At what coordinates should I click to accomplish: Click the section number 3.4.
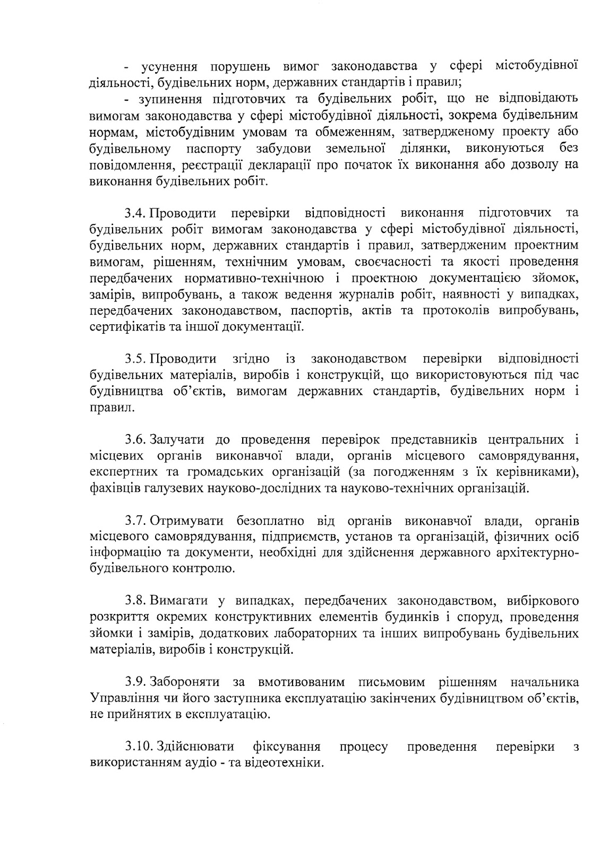point(135,213)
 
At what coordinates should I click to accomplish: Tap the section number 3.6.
point(135,440)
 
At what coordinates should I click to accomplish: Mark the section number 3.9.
point(135,681)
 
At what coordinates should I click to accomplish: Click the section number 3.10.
point(139,747)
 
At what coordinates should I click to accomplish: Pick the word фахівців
point(114,488)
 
